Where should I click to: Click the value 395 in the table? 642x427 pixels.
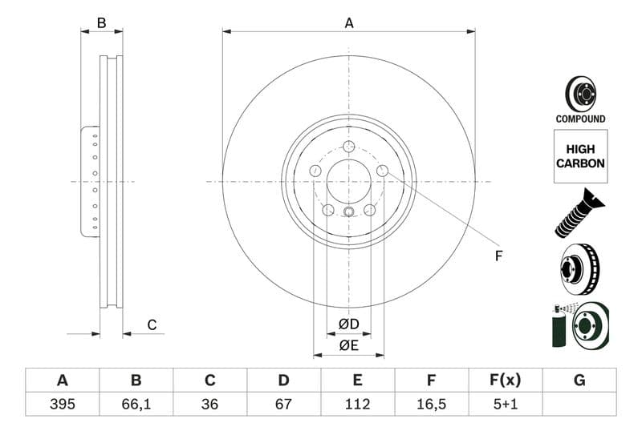62,404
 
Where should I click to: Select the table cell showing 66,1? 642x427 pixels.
136,404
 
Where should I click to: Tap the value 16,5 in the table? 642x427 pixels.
431,404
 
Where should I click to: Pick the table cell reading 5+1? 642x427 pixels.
506,404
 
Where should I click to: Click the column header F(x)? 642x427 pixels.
506,381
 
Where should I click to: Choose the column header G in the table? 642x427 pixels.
579,381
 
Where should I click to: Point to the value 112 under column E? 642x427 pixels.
357,404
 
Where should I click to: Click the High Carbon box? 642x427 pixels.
580,156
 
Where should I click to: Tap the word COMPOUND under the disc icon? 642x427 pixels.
580,119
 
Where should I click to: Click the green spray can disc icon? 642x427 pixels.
580,325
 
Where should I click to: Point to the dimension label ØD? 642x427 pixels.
348,324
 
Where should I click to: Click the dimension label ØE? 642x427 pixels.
348,345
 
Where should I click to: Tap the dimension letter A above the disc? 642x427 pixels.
349,23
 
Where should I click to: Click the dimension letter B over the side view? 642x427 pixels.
101,23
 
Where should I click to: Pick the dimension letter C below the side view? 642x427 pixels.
151,324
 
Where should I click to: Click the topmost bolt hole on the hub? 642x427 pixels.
348,146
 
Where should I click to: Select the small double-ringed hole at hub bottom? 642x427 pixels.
348,212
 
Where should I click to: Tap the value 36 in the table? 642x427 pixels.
209,404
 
